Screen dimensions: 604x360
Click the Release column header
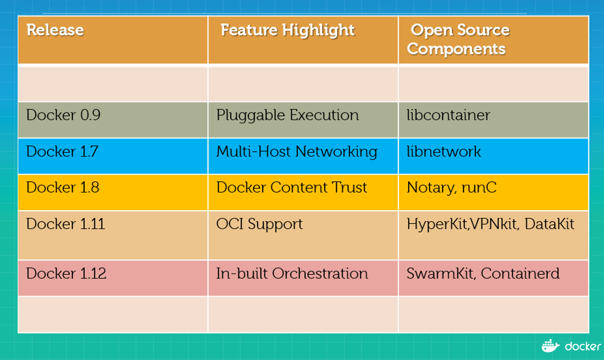[55, 30]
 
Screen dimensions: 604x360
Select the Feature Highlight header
[287, 30]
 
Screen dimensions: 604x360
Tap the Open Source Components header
[458, 39]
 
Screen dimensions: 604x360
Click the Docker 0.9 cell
[63, 115]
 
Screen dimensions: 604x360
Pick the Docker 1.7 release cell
[62, 151]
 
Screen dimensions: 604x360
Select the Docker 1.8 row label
[63, 187]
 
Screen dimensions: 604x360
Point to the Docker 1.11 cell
[66, 224]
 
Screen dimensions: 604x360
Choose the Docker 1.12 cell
[66, 273]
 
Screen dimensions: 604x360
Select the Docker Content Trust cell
[292, 187]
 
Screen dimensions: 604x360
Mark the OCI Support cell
[259, 224]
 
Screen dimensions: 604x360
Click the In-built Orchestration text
[292, 273]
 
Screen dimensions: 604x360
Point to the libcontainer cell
[448, 115]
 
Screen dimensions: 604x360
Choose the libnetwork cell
[443, 151]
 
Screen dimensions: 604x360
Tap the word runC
[479, 187]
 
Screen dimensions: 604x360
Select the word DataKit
[549, 224]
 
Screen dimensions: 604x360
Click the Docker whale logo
[550, 346]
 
